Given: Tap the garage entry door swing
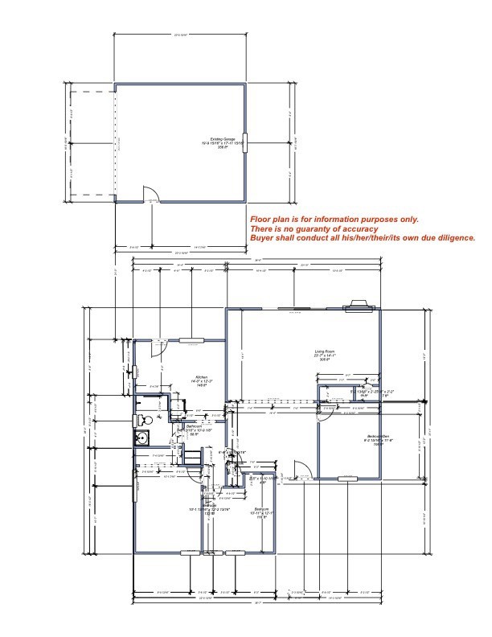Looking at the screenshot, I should coord(150,194).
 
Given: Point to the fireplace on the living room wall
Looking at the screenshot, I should coord(357,306).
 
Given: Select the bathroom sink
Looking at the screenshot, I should coord(141,438).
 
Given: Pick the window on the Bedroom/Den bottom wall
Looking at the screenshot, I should coord(347,479).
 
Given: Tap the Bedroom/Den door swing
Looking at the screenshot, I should coord(326,412).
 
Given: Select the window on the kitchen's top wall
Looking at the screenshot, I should coord(191,340).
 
